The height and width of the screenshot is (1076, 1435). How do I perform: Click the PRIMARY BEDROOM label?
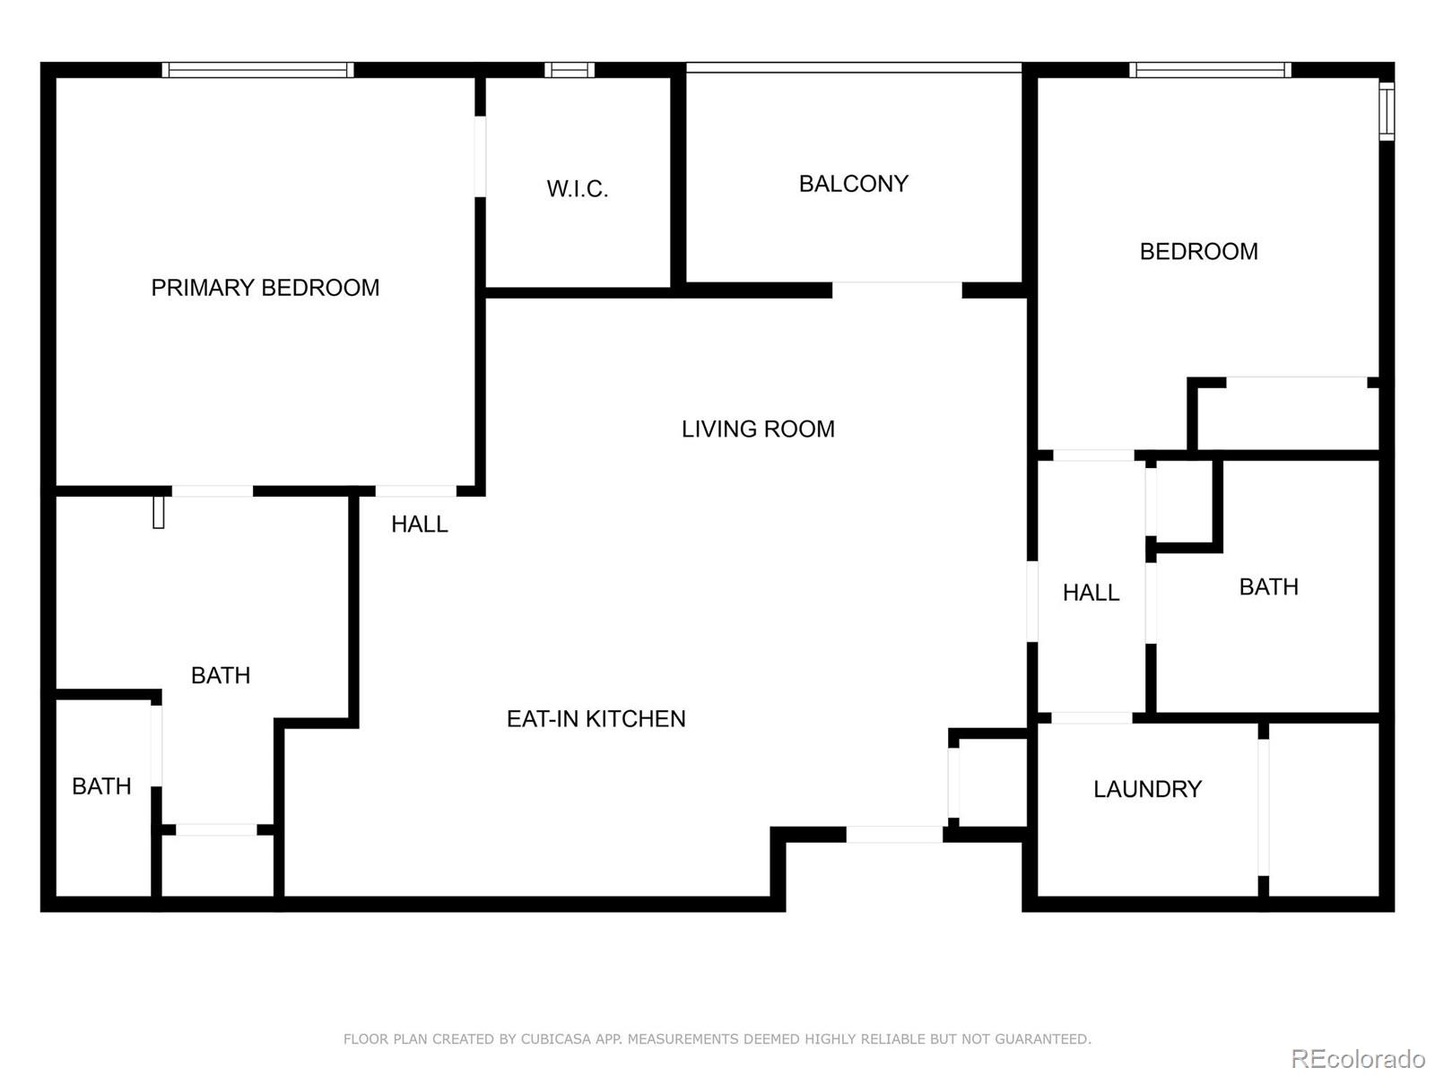point(265,288)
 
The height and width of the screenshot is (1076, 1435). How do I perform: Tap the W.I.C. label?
point(577,189)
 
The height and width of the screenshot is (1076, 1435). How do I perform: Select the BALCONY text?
point(853,184)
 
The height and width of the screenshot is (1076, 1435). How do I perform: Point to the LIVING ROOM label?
point(758,430)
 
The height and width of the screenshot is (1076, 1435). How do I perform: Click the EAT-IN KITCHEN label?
point(596,719)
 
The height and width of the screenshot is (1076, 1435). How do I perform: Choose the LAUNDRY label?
point(1147,789)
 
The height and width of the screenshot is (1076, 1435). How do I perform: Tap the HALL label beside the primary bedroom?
point(419,525)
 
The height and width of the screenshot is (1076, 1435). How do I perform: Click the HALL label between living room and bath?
point(1091,593)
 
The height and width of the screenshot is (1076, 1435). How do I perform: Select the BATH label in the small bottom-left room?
point(101,786)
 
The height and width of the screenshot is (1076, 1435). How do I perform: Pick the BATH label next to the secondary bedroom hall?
point(1268,587)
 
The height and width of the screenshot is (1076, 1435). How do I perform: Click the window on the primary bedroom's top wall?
point(257,70)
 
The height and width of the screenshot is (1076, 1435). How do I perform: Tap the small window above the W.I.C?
point(569,70)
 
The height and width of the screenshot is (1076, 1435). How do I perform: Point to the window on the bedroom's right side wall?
point(1387,111)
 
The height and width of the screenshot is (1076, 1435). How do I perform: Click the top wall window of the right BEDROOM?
point(1210,70)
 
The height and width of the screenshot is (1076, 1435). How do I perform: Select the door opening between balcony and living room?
point(897,290)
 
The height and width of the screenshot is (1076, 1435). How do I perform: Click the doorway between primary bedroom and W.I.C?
point(480,156)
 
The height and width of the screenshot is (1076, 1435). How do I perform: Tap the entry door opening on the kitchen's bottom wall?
point(894,835)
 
